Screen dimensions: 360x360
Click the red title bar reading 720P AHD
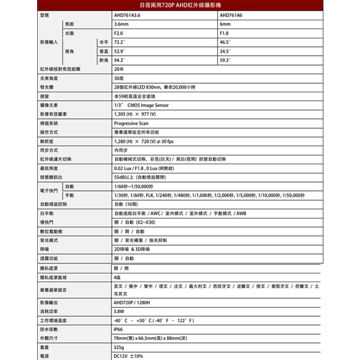[x=179, y=5]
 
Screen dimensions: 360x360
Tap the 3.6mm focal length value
[x=121, y=24]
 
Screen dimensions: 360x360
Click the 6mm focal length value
[x=225, y=24]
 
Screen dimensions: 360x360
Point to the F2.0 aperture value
[x=119, y=33]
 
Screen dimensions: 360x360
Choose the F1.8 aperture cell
[x=225, y=33]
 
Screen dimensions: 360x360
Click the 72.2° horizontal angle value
[x=120, y=42]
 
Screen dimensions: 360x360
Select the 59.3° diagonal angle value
[x=225, y=60]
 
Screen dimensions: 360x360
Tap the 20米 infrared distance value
[x=120, y=69]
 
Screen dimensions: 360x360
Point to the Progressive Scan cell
[x=132, y=123]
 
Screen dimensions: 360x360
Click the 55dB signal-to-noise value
[x=142, y=177]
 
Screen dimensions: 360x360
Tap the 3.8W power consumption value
[x=120, y=311]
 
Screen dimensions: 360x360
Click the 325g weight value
[x=120, y=347]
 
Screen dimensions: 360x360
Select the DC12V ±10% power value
[x=128, y=355]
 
